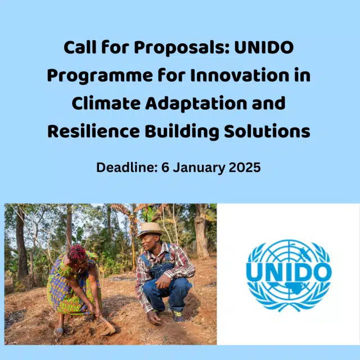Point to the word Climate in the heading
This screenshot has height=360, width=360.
coord(107,103)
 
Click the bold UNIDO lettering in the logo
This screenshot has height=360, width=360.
coord(289,273)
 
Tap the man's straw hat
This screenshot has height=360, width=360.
coord(150,229)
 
